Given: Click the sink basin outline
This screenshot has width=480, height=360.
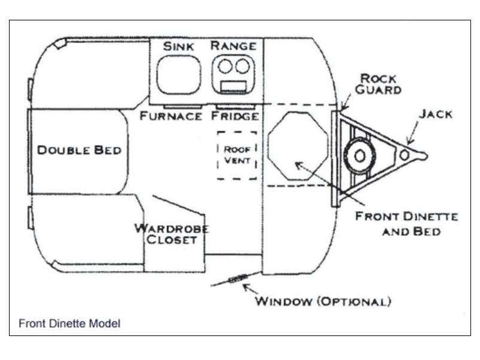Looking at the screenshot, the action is (157, 75).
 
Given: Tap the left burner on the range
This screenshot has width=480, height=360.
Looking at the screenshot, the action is (226, 66).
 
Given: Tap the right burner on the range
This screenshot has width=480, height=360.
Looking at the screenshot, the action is (242, 66).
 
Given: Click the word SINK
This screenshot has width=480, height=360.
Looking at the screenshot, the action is (178, 47).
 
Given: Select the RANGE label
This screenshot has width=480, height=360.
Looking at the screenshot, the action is (233, 46).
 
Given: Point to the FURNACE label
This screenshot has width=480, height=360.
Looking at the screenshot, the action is (171, 116).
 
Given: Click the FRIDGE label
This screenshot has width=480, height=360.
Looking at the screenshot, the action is (235, 116).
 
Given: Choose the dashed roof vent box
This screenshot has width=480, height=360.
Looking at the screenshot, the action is (218, 155).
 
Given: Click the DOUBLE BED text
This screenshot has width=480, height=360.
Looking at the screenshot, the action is (79, 151).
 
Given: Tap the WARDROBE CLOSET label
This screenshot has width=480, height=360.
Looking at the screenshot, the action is (172, 234).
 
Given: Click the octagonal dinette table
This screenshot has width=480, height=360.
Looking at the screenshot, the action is (268, 146).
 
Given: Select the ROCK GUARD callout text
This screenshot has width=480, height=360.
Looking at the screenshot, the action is (379, 84).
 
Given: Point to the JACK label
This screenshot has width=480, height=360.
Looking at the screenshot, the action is (436, 114).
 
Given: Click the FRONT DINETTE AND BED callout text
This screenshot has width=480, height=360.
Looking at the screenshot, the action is (407, 224).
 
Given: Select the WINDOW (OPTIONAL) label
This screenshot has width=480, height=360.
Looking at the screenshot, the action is (323, 302).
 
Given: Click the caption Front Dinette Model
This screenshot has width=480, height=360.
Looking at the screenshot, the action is (70, 323).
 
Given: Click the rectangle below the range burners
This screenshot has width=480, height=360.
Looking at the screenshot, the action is (233, 86).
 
